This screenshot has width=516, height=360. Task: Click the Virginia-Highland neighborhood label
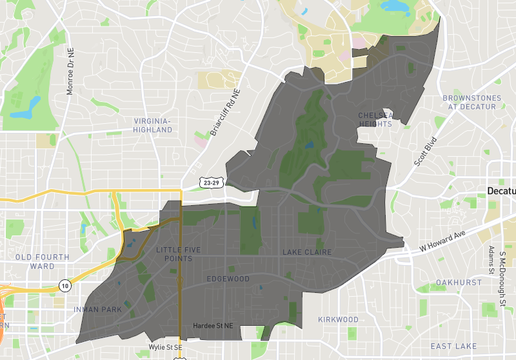point(152,124)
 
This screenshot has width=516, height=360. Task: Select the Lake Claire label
point(305,252)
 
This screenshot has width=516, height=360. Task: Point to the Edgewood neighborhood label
point(227,279)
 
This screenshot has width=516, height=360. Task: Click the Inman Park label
point(98,309)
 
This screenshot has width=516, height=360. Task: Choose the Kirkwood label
point(338,319)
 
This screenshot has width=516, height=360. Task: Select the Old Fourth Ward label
point(28,262)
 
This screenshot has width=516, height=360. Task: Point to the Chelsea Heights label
point(378,120)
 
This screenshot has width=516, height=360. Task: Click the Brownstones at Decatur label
point(473,101)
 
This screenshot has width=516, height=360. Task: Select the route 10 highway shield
point(64,286)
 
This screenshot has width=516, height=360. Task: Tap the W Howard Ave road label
point(444,240)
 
